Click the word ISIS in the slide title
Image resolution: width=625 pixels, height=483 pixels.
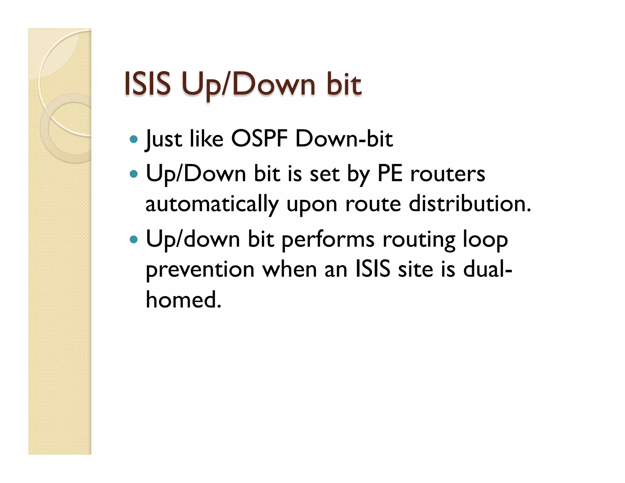(x=147, y=84)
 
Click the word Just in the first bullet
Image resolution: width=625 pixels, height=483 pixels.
(x=164, y=140)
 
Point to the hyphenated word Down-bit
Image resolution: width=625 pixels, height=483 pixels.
(x=344, y=139)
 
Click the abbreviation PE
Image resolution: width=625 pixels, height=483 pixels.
(x=390, y=174)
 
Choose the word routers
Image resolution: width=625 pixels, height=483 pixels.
(x=447, y=174)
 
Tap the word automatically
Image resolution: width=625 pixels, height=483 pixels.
(x=212, y=204)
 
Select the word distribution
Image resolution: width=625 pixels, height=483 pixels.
(x=470, y=204)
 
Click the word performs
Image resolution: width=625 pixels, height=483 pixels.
(x=328, y=240)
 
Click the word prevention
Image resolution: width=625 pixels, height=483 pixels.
(x=200, y=270)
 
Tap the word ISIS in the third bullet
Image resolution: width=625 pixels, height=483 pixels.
(x=373, y=269)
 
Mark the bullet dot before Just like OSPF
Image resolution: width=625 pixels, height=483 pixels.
(x=134, y=140)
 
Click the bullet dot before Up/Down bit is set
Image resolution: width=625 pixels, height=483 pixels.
(x=134, y=174)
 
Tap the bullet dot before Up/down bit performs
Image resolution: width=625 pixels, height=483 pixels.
(x=134, y=239)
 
